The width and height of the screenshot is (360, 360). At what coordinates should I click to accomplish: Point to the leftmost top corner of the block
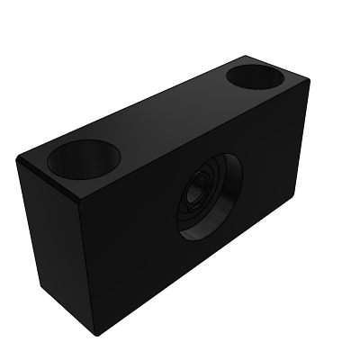[x=18, y=158]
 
